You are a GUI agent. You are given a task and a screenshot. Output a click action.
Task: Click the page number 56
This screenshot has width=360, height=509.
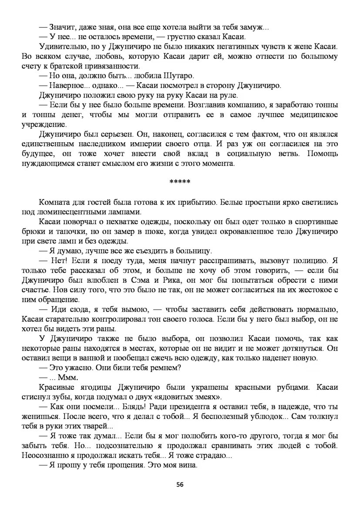point(180,485)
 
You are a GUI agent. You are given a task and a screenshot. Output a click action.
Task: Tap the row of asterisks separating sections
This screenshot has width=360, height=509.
point(180,181)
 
